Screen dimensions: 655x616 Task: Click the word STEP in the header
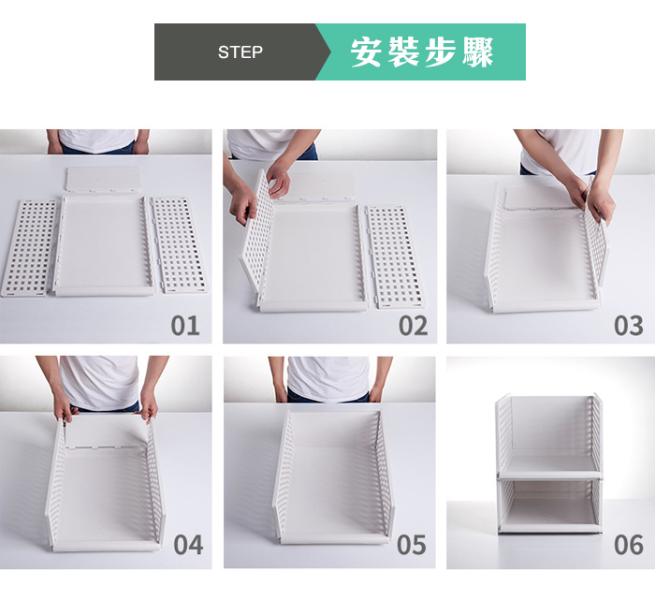(x=240, y=52)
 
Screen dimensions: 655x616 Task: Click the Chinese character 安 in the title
(x=367, y=52)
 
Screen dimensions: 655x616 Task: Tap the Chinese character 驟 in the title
(x=478, y=52)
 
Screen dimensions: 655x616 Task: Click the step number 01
(x=185, y=326)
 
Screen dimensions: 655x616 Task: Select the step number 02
(x=414, y=326)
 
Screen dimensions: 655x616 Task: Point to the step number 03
(x=628, y=326)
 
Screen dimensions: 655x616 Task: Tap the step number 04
(x=188, y=545)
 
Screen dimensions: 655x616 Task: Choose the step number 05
(x=412, y=545)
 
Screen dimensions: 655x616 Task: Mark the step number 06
(x=628, y=545)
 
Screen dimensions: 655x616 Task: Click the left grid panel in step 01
(x=29, y=248)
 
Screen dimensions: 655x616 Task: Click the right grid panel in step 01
(x=180, y=245)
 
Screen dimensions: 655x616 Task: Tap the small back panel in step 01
(x=104, y=180)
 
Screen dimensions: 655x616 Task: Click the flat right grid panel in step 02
(x=395, y=257)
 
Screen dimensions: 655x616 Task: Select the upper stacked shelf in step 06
(x=549, y=435)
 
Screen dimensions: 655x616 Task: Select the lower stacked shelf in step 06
(x=549, y=506)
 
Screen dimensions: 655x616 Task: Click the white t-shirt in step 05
(x=328, y=378)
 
